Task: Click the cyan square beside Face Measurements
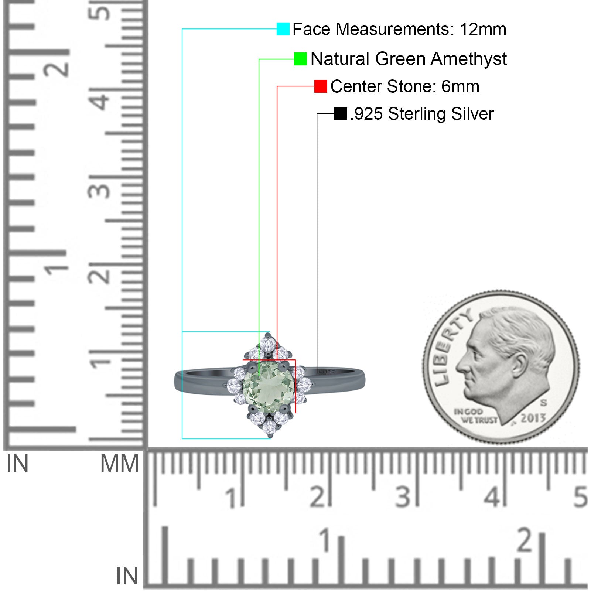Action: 283,29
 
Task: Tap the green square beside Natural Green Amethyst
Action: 300,59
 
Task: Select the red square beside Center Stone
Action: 321,86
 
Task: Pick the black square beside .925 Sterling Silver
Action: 340,113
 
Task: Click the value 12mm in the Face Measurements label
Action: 483,29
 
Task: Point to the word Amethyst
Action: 469,59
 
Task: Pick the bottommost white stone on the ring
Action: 269,427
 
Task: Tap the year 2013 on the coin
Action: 533,418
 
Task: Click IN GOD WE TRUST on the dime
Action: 475,416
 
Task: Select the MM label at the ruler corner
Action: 120,464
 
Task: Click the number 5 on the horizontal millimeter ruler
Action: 581,496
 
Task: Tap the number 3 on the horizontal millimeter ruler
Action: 403,496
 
